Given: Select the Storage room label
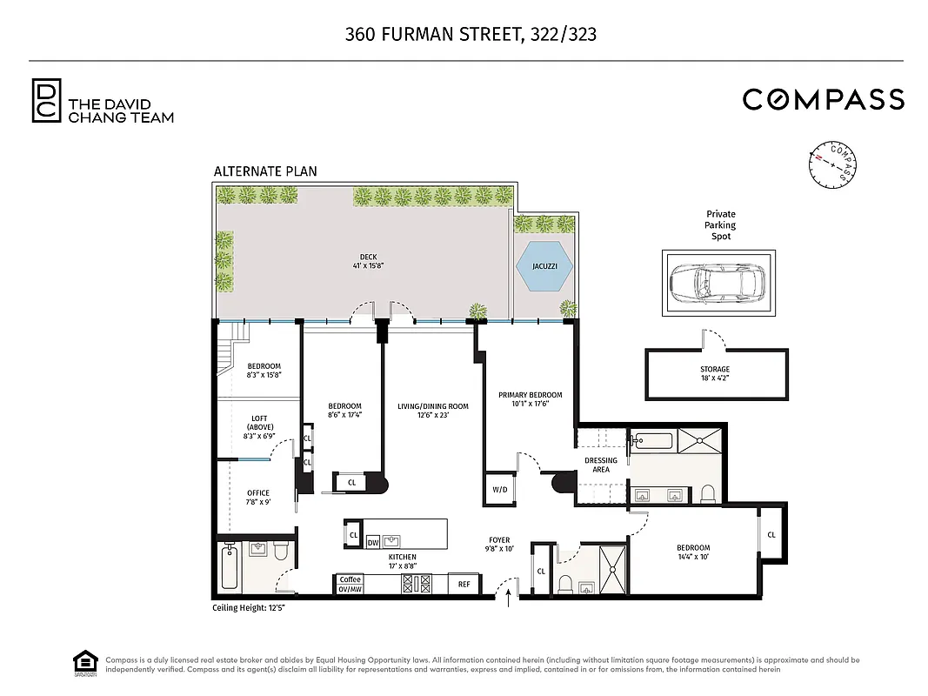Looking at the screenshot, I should (715, 374).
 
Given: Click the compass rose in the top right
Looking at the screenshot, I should (833, 164).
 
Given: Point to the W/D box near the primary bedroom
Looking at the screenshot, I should (499, 490).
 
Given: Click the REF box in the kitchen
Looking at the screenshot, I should (464, 585).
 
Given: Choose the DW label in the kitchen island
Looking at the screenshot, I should (373, 542).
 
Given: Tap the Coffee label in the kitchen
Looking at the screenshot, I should (350, 579).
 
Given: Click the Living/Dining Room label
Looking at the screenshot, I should (432, 411).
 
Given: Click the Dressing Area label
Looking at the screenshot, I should (601, 465).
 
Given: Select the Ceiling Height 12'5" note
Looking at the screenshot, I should (249, 607).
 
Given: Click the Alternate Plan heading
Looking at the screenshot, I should (265, 171).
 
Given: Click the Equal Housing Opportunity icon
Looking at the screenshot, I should (83, 664).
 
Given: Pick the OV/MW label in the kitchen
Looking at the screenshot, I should (350, 589).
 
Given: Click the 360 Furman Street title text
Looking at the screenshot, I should (471, 35).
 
